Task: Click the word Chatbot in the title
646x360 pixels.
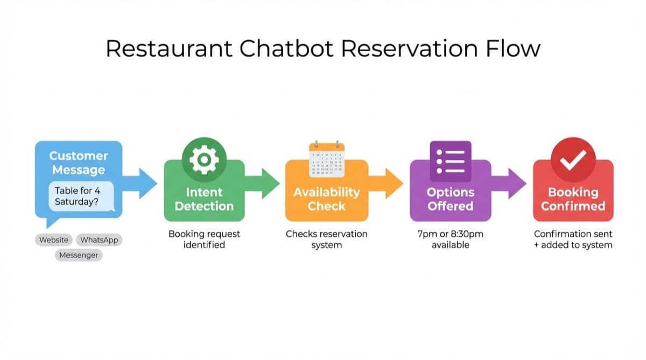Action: (286, 48)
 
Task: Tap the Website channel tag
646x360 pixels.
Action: (54, 240)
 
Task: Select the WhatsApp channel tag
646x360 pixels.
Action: (99, 240)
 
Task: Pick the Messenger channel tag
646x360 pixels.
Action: (79, 255)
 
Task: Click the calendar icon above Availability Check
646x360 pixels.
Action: (327, 160)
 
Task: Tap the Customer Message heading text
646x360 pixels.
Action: (79, 163)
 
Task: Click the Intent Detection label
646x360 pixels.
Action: (204, 199)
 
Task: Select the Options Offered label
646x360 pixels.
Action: (450, 199)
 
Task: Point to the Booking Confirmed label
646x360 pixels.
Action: (573, 199)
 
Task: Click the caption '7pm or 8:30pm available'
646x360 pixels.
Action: (450, 239)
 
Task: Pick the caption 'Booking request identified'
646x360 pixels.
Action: (204, 239)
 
